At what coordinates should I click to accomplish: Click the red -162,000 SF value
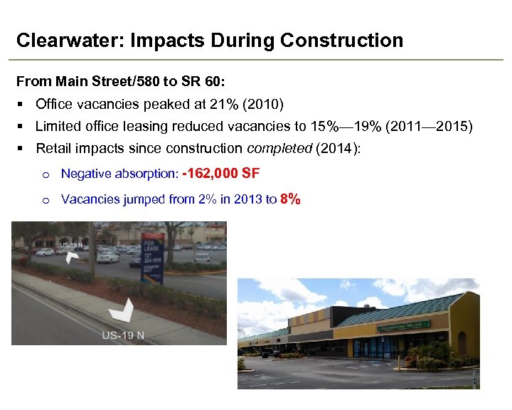[220, 173]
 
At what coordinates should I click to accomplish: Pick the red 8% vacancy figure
[290, 199]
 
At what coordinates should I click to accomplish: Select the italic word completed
[277, 149]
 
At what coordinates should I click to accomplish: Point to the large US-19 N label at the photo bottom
[123, 335]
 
